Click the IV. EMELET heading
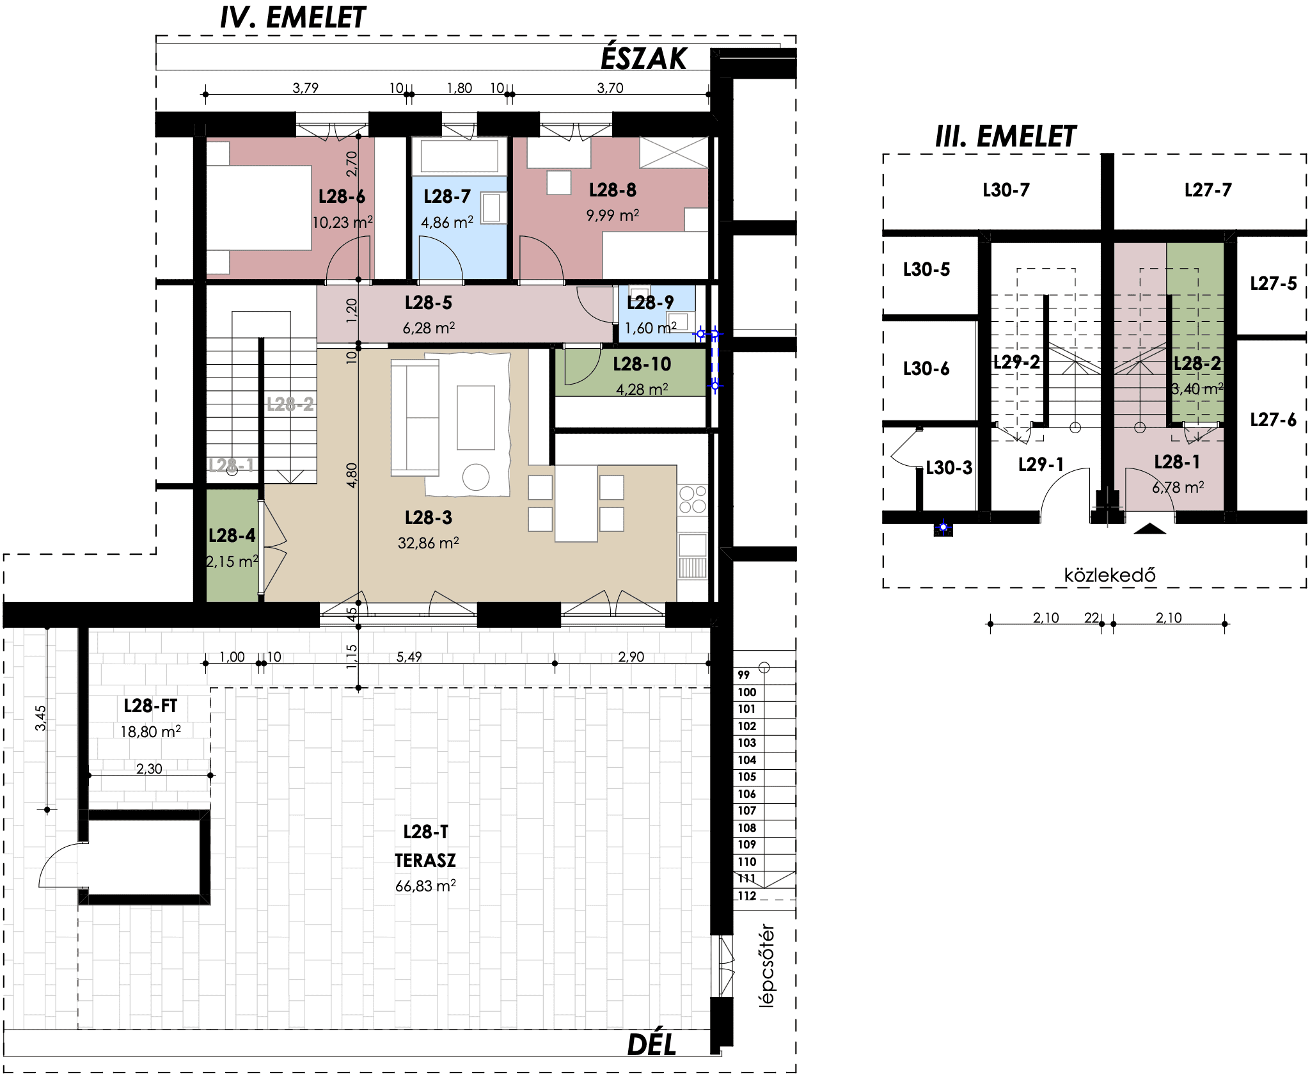click(293, 18)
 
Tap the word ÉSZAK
click(643, 59)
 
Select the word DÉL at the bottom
click(652, 1045)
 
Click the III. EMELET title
click(1006, 137)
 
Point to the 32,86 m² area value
click(428, 543)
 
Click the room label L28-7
click(447, 196)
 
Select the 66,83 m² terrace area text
click(425, 886)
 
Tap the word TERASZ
click(425, 861)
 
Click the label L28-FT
click(150, 706)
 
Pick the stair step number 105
click(746, 777)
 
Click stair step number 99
click(743, 674)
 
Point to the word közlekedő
click(1110, 575)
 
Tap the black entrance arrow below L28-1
click(1149, 529)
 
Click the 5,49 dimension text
click(409, 657)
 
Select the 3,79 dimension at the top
click(305, 88)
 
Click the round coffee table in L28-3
click(476, 477)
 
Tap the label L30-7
click(1006, 190)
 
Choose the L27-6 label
click(1273, 420)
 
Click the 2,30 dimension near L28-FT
click(149, 768)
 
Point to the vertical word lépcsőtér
click(766, 966)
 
